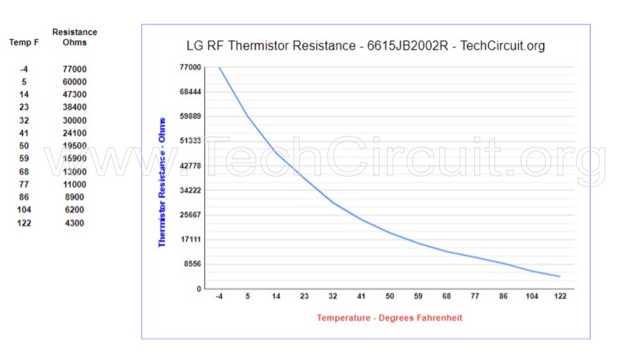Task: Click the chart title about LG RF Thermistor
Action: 366,46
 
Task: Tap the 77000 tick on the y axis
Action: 190,67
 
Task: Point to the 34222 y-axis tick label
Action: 190,190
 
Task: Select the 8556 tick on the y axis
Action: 192,264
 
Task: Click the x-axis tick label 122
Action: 560,296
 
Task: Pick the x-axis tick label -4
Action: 219,296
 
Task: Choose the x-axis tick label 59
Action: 418,296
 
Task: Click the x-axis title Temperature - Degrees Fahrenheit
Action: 389,318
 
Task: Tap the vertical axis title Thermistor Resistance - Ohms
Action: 162,182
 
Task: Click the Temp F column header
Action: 24,43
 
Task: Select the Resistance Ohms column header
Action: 75,37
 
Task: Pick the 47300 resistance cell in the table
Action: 75,94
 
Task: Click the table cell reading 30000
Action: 75,120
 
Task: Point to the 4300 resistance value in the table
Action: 75,223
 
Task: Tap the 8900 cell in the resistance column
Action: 75,197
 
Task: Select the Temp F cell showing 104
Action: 24,210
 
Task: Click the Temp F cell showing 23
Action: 24,107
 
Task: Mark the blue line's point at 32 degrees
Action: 333,203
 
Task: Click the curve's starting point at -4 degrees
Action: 219,67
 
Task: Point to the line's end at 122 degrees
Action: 560,277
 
